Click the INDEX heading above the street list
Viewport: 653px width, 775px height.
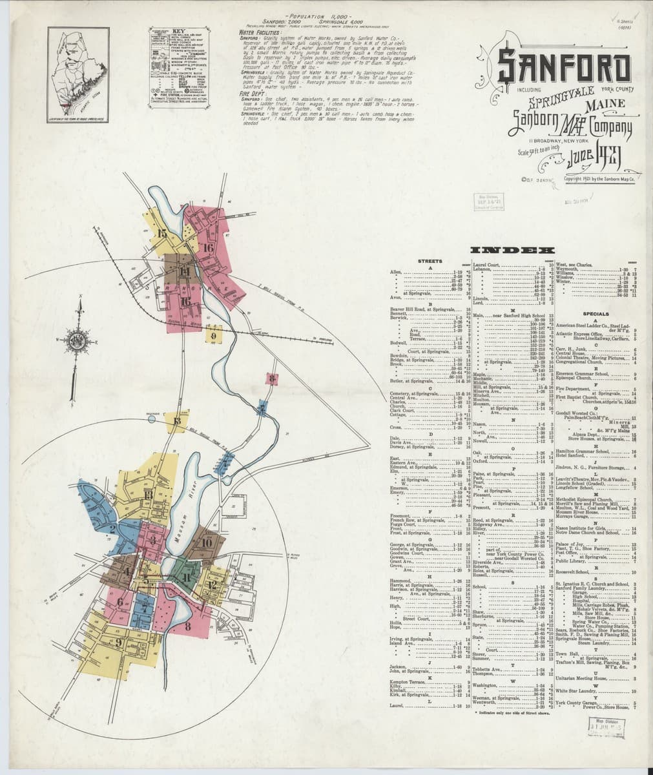[x=513, y=250]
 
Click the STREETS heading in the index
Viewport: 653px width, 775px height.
[x=430, y=261]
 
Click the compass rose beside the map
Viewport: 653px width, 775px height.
[x=78, y=341]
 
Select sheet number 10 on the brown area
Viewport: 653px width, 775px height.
[x=206, y=542]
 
